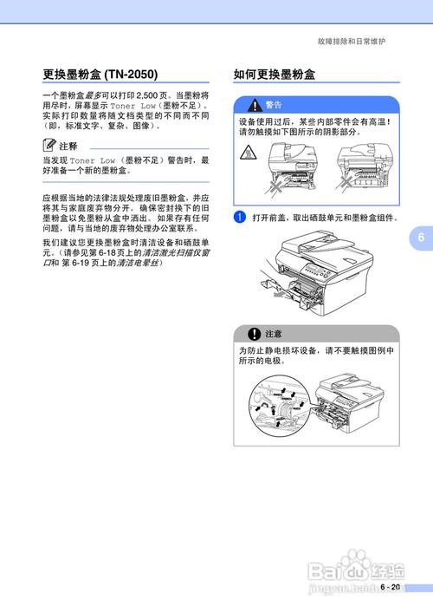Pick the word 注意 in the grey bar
click(274, 334)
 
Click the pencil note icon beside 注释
click(49, 146)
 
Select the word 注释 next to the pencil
click(68, 147)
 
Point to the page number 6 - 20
click(389, 587)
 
